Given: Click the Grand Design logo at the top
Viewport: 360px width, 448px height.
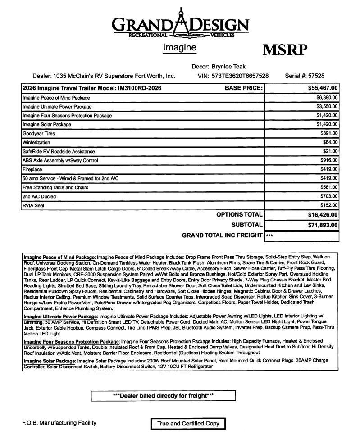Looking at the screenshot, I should (x=180, y=24).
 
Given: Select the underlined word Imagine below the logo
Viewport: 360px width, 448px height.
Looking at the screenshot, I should (x=179, y=47).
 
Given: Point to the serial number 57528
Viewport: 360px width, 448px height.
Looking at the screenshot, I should (x=314, y=76).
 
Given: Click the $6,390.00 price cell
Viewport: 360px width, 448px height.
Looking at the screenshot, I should (x=327, y=98).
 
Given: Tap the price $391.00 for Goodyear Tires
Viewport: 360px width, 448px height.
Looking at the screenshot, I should (x=328, y=134).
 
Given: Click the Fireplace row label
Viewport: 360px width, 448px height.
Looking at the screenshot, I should (x=32, y=169).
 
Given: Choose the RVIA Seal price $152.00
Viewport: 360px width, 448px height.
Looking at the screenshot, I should (x=328, y=205).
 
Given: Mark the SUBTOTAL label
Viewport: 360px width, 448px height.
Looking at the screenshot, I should (x=246, y=225).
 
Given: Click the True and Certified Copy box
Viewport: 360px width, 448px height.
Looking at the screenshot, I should (x=188, y=423).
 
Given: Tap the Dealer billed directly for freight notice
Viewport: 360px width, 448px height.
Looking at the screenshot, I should (x=163, y=396).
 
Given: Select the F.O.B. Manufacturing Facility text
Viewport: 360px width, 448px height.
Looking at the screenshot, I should (x=59, y=423).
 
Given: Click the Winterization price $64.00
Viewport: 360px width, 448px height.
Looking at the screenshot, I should (x=330, y=143).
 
